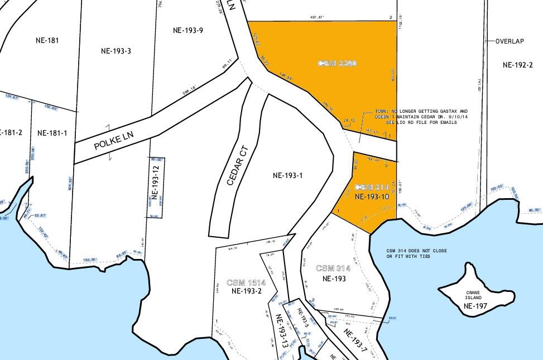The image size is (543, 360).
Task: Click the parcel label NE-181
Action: pos(46,40)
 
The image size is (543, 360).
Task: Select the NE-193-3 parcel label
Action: pos(116,51)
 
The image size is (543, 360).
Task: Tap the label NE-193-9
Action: pos(188,30)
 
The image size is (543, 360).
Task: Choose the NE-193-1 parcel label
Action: pos(288,175)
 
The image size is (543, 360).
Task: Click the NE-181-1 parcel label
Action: pos(52,133)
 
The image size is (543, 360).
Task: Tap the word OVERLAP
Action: pos(510,41)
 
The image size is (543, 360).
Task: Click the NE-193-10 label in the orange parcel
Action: pos(371,196)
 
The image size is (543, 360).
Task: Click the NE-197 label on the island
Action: pos(475,306)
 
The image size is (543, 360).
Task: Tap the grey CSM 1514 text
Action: pos(246,283)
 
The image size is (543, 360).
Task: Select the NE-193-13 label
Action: pos(282,331)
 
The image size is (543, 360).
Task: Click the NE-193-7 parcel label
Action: pos(355,340)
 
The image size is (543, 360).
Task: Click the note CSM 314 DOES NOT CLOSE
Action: pos(416,251)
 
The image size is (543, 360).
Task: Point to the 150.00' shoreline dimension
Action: pos(90,260)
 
